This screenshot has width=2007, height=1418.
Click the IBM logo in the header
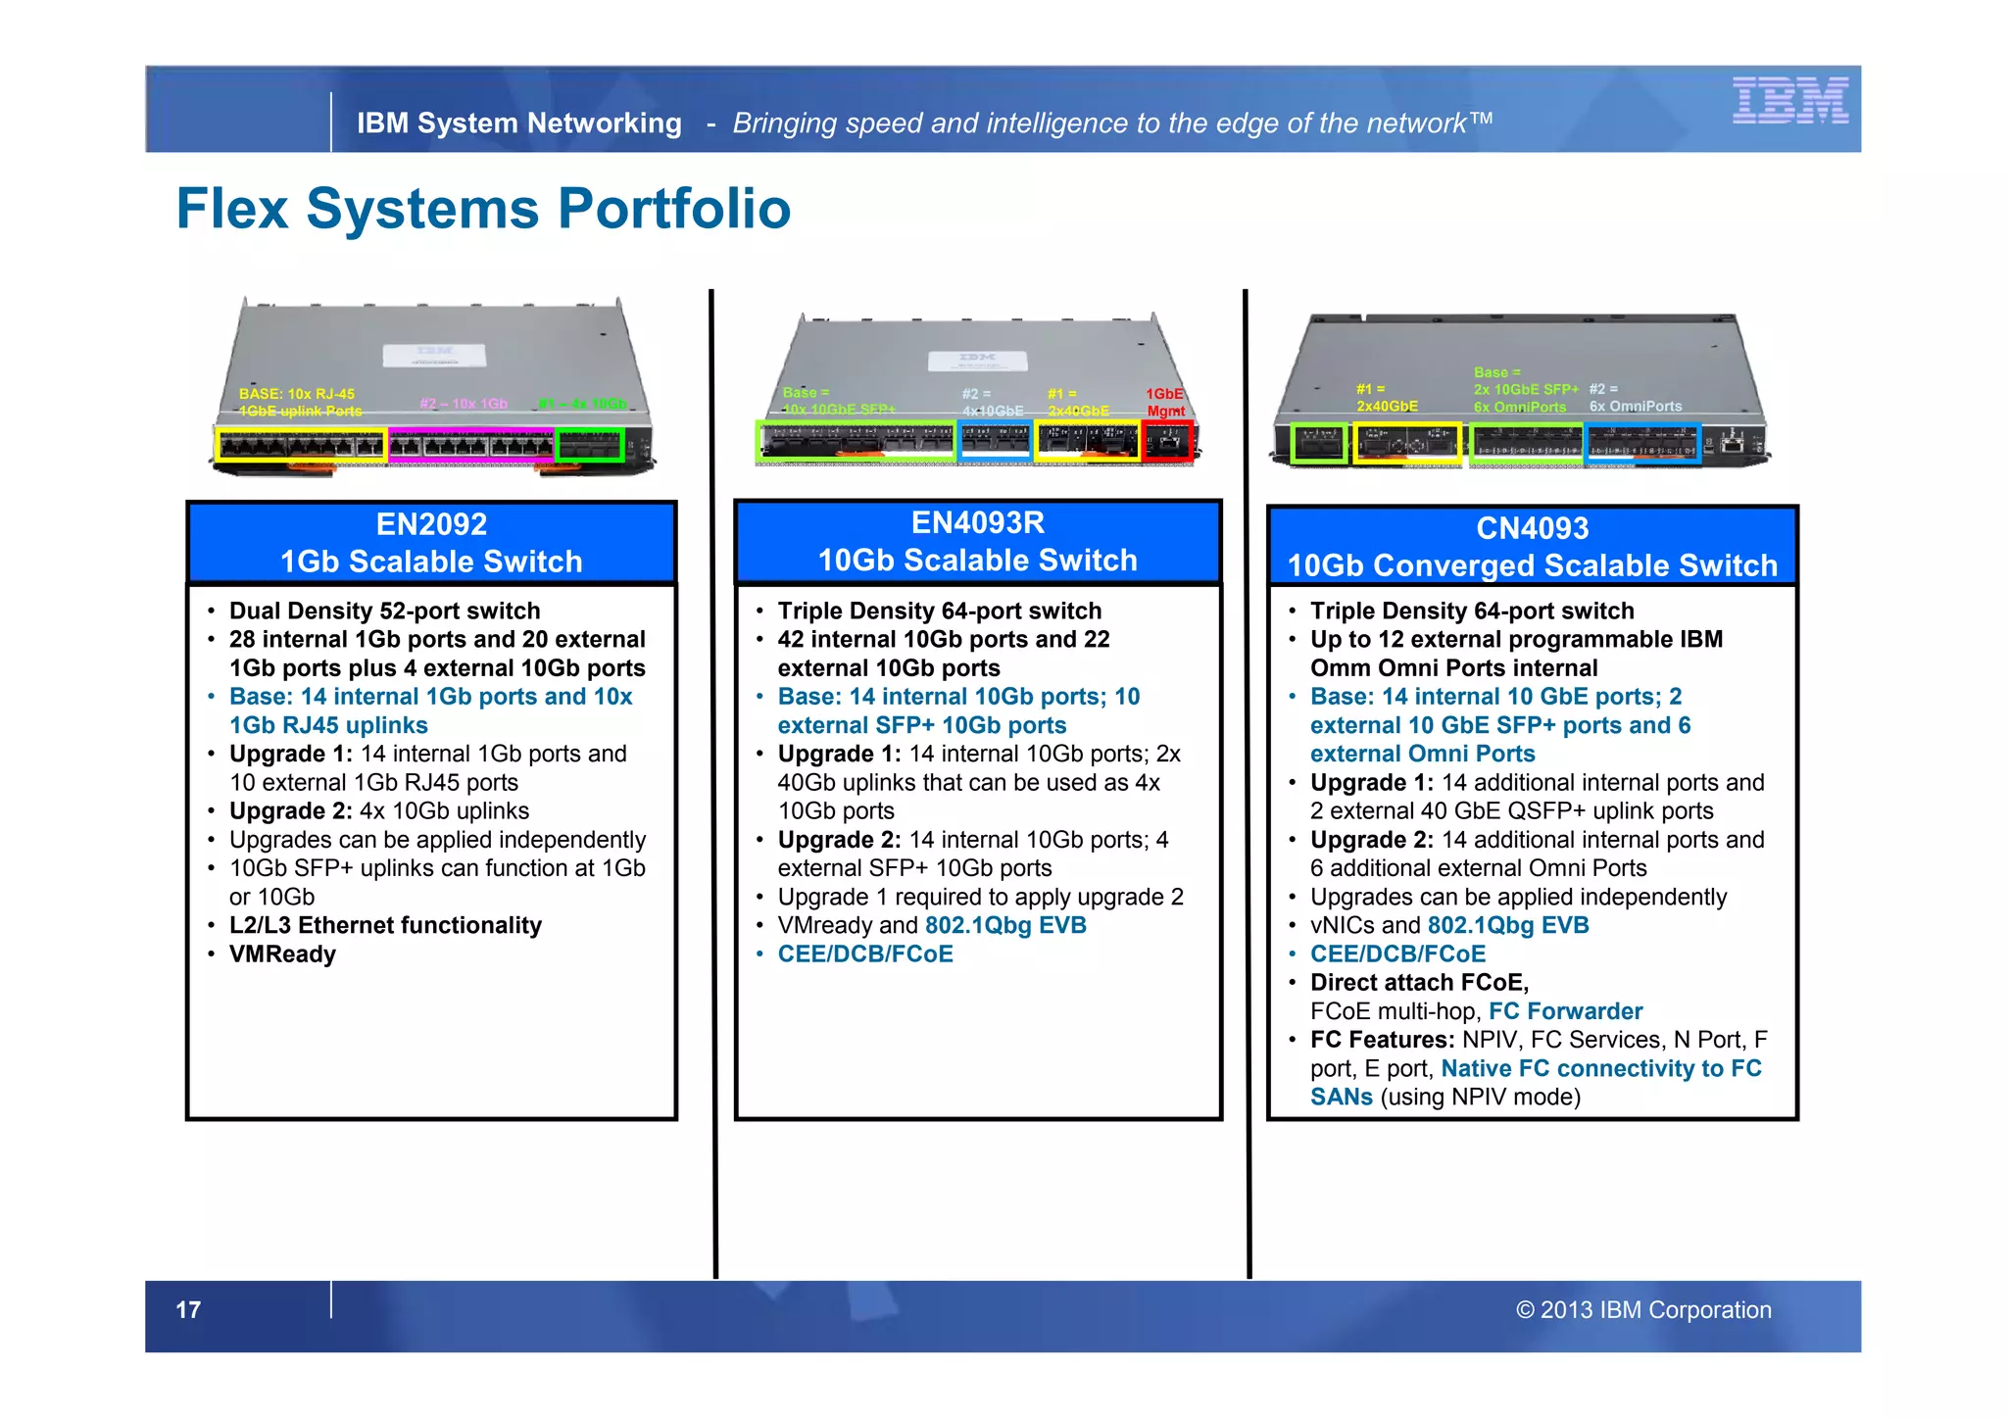1789,101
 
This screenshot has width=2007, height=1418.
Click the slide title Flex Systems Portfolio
483,209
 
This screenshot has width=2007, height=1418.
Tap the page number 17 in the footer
188,1310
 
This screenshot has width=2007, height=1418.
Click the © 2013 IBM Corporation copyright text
1643,1310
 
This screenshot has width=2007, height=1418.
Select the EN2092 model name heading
431,524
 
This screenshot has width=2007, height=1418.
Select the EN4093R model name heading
977,522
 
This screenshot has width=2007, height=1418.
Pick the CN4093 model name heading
1532,528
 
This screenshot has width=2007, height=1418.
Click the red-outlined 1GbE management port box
1167,442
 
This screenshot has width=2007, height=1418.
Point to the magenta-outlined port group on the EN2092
471,445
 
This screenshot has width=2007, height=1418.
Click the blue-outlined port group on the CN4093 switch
1642,443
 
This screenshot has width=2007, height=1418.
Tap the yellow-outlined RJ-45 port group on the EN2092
301,445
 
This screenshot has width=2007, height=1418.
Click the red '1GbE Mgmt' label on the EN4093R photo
1165,403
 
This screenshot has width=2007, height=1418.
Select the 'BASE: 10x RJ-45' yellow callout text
297,394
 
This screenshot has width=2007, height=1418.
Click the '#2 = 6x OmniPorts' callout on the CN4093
1635,398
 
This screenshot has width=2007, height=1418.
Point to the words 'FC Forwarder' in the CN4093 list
1565,1011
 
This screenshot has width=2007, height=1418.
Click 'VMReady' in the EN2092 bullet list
282,954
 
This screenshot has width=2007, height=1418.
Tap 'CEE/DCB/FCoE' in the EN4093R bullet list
864,954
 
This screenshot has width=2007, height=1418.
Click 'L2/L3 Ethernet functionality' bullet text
385,926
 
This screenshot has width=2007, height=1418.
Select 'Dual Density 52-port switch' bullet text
384,611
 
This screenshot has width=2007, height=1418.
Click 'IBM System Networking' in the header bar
518,123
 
